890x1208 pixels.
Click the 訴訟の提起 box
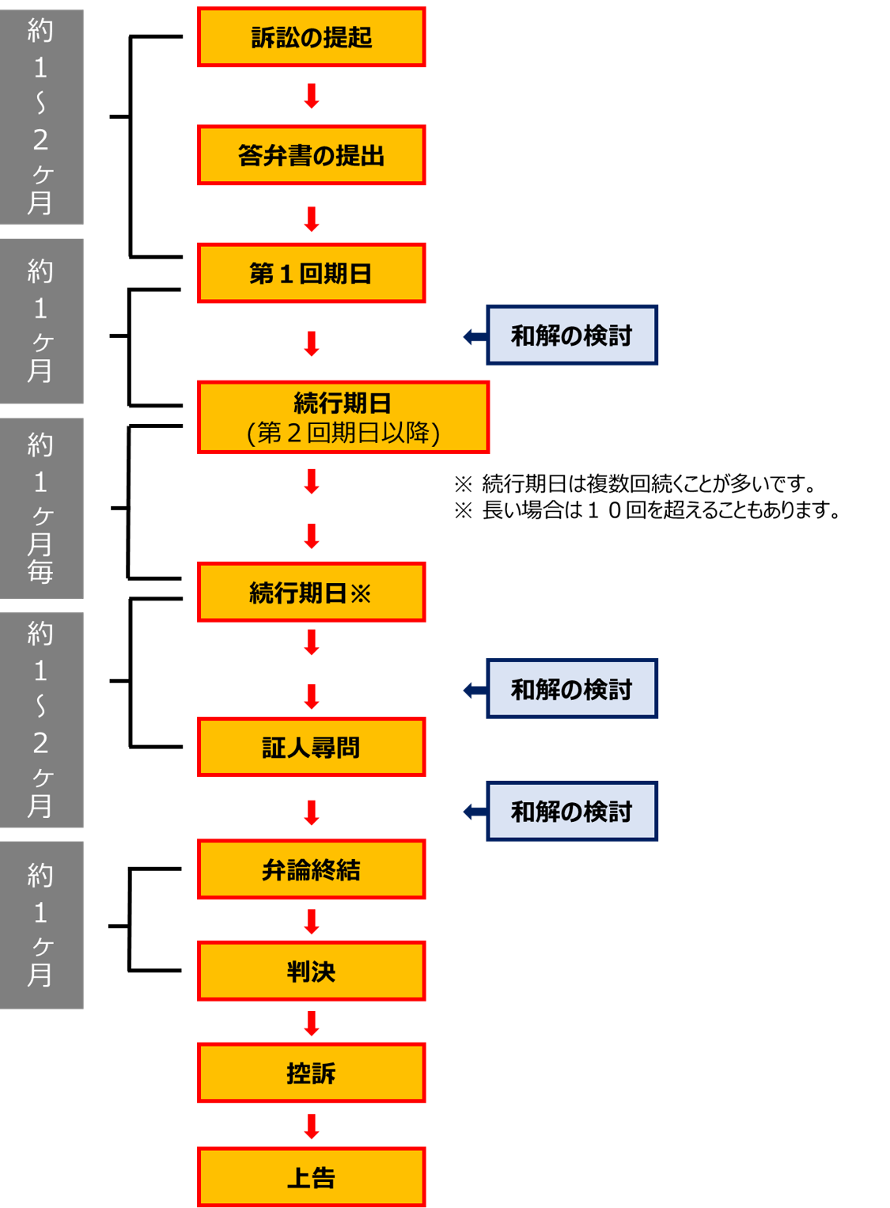point(311,37)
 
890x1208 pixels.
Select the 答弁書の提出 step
point(311,155)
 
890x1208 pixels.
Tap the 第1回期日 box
point(311,273)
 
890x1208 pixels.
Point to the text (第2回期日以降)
point(343,433)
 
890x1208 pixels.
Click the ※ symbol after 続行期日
point(361,593)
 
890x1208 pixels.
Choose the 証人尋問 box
point(311,748)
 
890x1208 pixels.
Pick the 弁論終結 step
point(311,869)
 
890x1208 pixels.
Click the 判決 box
point(311,971)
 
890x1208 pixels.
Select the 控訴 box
point(311,1073)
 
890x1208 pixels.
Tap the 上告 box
point(311,1177)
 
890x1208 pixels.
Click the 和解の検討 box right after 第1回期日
point(571,335)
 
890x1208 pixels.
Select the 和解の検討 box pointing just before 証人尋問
point(571,689)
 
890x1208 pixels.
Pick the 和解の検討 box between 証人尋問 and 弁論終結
point(571,811)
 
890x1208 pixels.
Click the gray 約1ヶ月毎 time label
point(41,508)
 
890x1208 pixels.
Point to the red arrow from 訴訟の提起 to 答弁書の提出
point(312,96)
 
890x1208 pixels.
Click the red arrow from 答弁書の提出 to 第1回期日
point(312,219)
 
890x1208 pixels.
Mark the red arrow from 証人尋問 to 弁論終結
point(312,812)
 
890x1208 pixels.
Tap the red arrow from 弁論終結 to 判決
point(312,922)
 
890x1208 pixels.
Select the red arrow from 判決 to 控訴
point(312,1023)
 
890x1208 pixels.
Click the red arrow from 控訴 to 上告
point(312,1127)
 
